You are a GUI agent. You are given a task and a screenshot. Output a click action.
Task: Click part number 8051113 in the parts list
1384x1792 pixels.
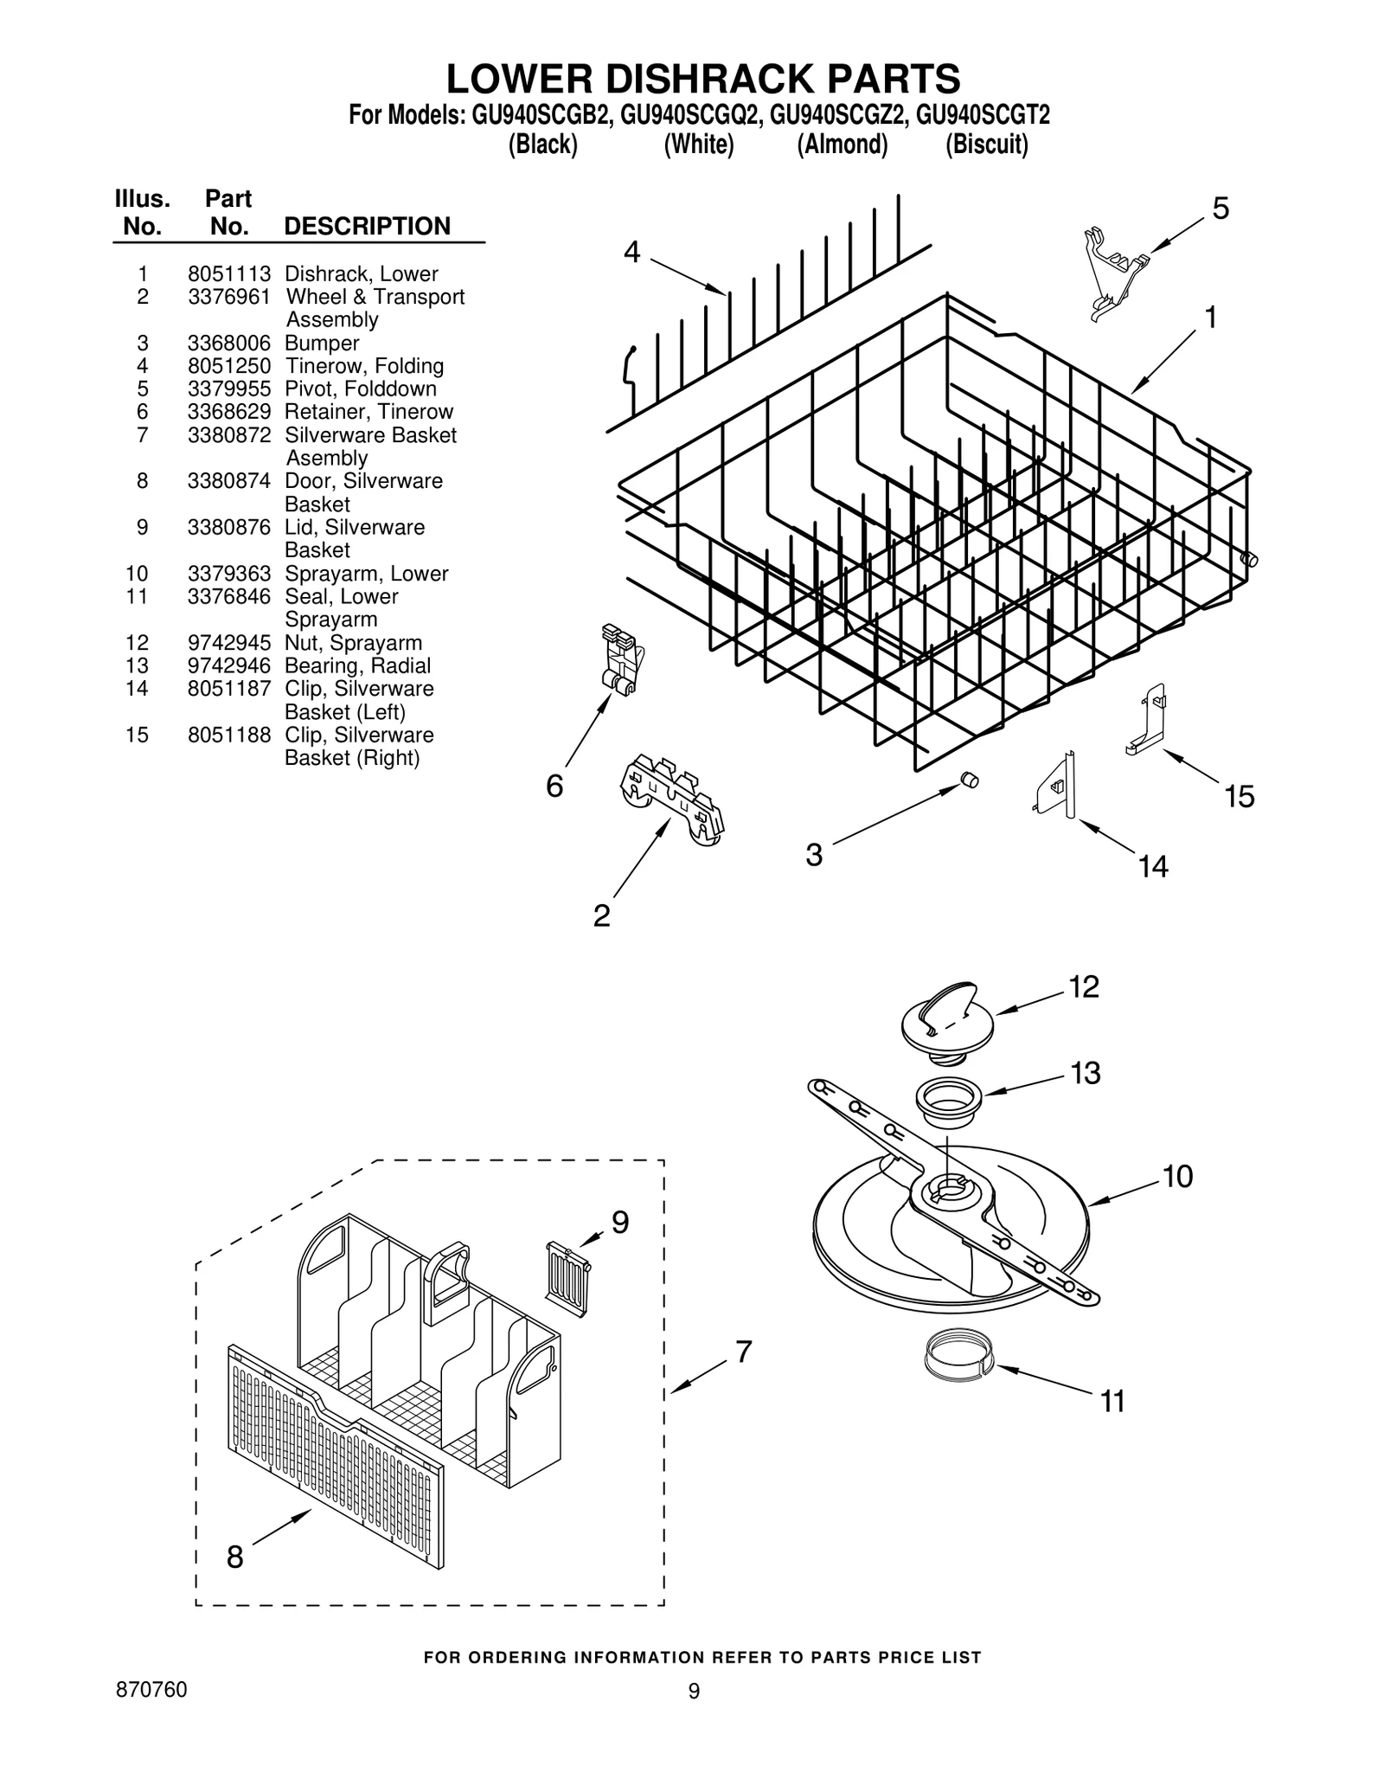click(x=228, y=274)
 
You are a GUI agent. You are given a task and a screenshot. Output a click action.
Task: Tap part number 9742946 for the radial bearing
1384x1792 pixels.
click(x=228, y=666)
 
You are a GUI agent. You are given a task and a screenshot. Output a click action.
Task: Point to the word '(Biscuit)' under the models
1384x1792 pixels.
click(x=986, y=145)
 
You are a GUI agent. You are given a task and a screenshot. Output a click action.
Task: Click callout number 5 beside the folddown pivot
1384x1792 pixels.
click(x=1220, y=209)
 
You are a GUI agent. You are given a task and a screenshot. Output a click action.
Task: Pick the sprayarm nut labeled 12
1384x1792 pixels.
click(x=947, y=1021)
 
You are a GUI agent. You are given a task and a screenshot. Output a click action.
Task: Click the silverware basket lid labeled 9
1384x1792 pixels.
click(x=567, y=1278)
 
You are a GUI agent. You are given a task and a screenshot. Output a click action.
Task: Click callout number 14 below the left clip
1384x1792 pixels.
click(x=1152, y=866)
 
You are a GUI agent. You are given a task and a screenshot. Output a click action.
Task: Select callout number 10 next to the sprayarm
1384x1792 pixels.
click(x=1177, y=1177)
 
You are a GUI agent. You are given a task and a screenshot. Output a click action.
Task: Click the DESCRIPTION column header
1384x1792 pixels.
click(x=367, y=227)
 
